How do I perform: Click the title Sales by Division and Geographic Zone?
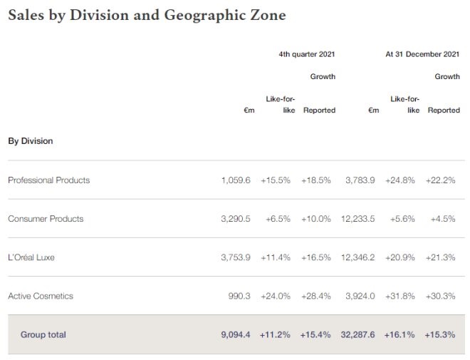click(147, 15)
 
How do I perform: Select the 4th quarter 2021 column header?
click(306, 53)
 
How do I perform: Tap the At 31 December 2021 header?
click(422, 53)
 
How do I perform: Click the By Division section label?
click(31, 141)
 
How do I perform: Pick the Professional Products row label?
click(49, 180)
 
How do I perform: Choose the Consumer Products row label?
click(46, 219)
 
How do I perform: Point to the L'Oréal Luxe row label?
click(31, 257)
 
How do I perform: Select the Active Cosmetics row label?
click(41, 296)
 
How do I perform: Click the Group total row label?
click(43, 334)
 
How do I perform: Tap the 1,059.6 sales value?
click(236, 180)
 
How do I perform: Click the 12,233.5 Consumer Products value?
click(359, 219)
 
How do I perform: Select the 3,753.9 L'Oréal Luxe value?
click(236, 257)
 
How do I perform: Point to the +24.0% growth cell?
click(275, 296)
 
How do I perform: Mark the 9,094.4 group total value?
click(236, 334)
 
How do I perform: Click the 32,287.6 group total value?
click(359, 334)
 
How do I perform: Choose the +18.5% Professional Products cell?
click(315, 180)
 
